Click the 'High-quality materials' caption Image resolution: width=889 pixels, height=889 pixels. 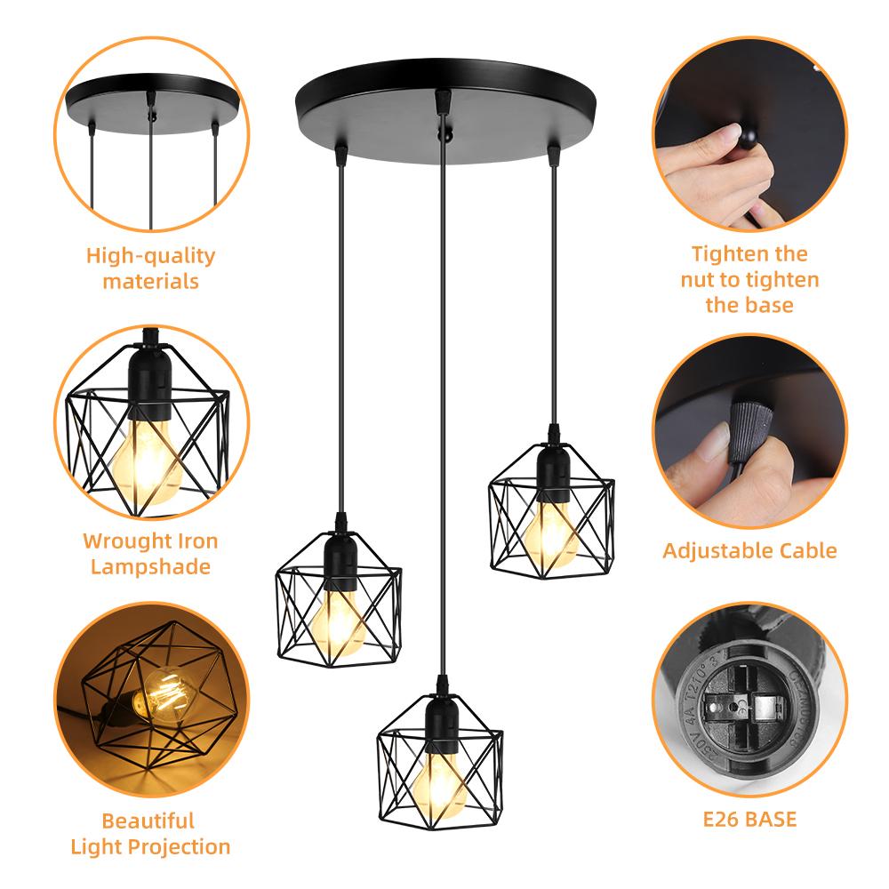[x=150, y=268]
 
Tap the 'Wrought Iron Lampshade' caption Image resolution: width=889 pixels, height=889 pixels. [x=150, y=553]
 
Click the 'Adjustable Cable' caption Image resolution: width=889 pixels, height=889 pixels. [x=749, y=550]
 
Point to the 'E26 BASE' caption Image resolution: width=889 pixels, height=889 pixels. [x=749, y=819]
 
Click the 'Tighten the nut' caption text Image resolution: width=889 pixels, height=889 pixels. [x=749, y=279]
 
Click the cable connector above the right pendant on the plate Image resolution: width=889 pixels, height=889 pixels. [x=554, y=156]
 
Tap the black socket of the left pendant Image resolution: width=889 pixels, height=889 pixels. [x=338, y=556]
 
